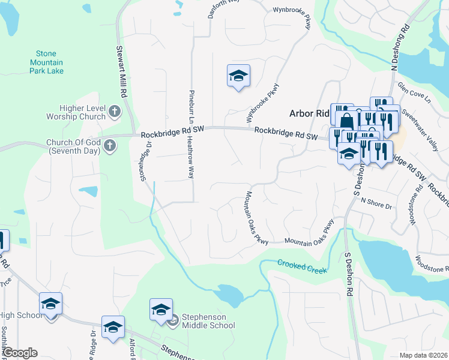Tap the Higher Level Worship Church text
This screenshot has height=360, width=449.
76,112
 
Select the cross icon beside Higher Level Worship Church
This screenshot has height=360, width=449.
114,112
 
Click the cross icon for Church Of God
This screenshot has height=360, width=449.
109,145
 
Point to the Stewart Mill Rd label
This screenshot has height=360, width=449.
121,72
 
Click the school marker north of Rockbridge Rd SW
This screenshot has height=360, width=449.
238,76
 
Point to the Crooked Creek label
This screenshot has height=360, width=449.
303,266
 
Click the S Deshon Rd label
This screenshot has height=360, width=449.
348,274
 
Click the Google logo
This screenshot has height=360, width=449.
21,353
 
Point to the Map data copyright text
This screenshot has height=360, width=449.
423,355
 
